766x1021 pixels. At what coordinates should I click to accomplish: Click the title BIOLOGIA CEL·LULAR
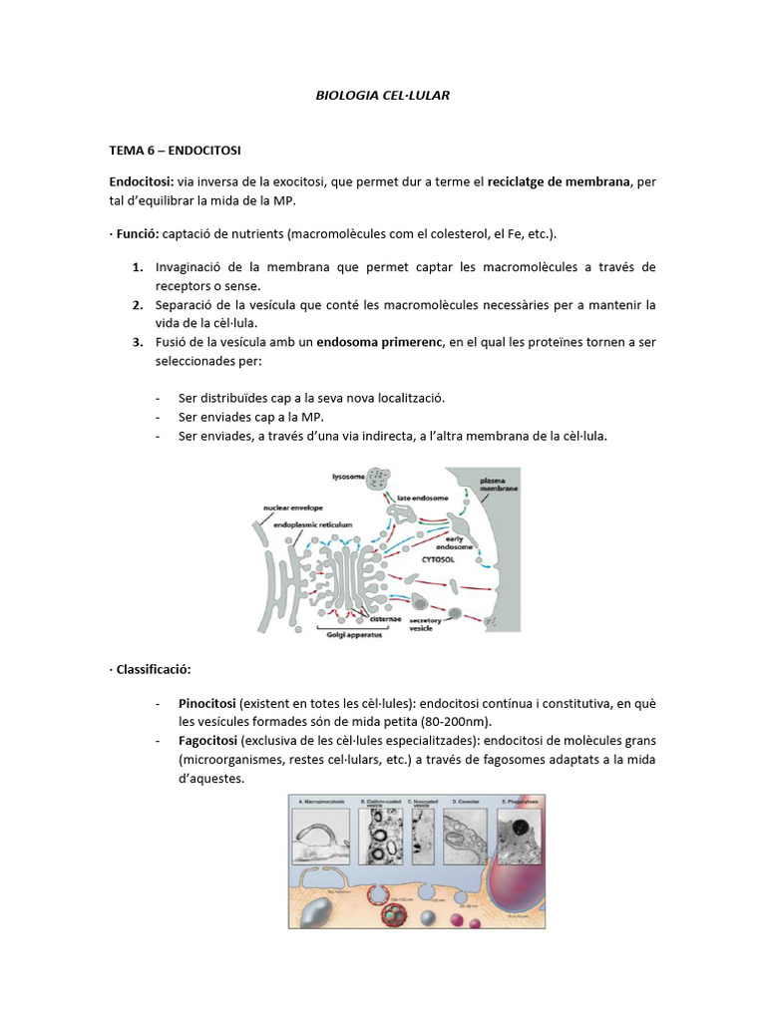tap(382, 96)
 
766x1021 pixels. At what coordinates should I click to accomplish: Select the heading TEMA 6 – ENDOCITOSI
tap(175, 151)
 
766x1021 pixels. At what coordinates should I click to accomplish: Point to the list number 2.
tap(137, 304)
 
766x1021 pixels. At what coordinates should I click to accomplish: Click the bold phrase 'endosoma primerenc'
tap(378, 342)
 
